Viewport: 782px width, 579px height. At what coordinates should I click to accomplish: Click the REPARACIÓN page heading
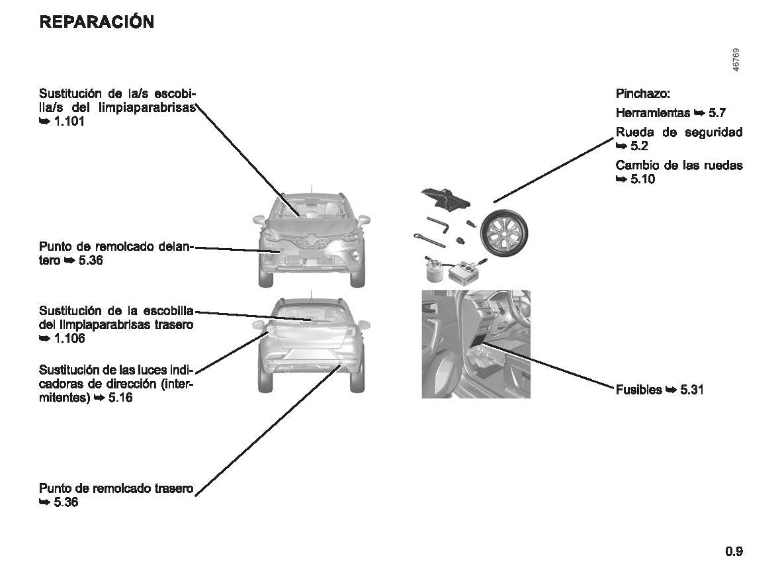pos(97,22)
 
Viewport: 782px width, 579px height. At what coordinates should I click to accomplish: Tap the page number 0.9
pos(734,551)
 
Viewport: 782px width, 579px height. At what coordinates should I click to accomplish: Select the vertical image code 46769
pos(736,60)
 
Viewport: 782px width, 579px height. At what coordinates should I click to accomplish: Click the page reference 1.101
pos(69,121)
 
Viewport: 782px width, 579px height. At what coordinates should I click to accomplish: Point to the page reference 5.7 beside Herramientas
pos(717,112)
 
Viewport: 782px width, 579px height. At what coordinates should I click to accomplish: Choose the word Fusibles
pos(639,390)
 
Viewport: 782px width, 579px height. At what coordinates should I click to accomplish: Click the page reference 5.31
pos(692,390)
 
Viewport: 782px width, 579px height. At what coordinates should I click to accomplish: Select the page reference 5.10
pos(643,179)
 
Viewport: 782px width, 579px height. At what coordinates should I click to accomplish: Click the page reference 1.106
pos(69,338)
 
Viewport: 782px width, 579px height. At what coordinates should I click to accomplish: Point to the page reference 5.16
pos(120,398)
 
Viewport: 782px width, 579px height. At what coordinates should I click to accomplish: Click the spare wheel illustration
pos(503,233)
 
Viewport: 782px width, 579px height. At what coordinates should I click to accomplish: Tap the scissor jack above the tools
pos(445,199)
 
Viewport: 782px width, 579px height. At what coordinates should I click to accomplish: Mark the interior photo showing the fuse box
pos(476,344)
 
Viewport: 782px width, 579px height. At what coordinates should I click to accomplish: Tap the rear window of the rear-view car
pos(312,314)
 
